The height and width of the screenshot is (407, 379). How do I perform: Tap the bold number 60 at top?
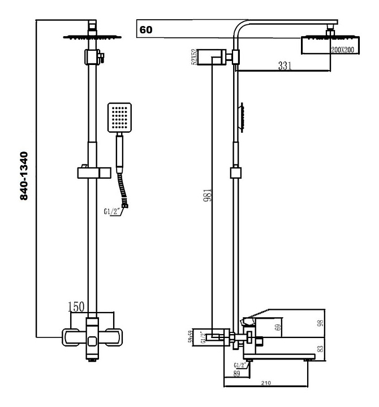point(146,29)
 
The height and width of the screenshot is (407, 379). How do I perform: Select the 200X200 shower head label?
point(342,50)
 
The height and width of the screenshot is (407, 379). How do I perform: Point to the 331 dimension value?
point(284,66)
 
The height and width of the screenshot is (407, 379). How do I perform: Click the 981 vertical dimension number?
point(210,197)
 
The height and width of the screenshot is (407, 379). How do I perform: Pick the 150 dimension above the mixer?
point(76,307)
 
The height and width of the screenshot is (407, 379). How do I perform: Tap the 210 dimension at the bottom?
point(266,383)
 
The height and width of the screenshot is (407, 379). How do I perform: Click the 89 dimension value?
point(236,373)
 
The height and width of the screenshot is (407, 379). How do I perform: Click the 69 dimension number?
point(277,327)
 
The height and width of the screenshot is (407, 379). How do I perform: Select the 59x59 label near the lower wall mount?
point(191,337)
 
